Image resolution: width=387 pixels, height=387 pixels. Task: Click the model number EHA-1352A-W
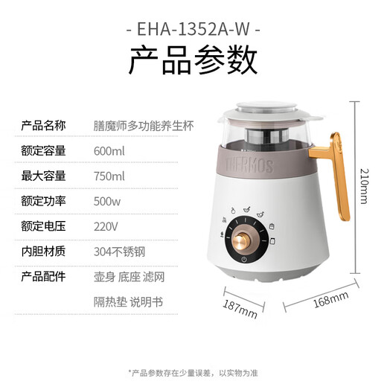click(x=193, y=32)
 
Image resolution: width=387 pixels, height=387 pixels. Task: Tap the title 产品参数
click(x=193, y=62)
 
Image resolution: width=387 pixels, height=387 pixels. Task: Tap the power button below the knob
click(x=243, y=260)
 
